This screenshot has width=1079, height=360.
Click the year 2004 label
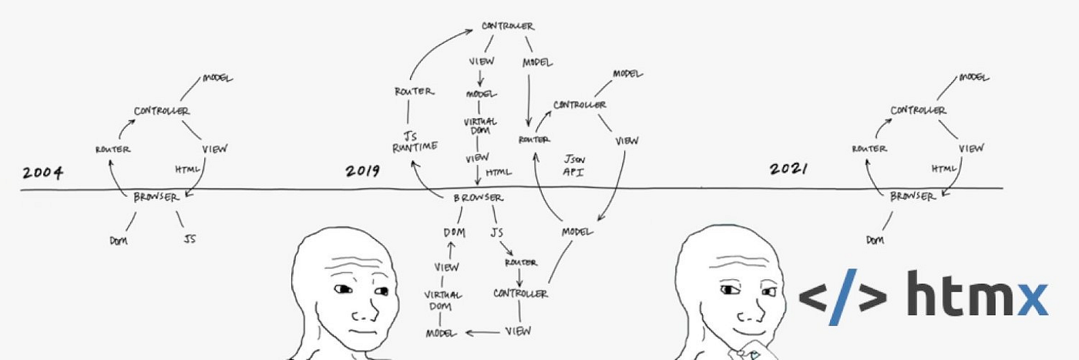click(42, 173)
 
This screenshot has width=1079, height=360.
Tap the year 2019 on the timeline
click(362, 170)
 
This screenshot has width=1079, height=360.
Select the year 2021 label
click(788, 169)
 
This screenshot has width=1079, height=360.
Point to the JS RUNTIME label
click(415, 141)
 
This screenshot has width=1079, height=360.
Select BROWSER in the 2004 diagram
click(154, 196)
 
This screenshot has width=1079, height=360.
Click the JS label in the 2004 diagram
click(189, 239)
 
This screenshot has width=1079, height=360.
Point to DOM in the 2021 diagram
click(874, 241)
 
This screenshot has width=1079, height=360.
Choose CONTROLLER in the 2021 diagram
click(918, 110)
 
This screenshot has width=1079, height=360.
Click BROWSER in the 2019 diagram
click(478, 198)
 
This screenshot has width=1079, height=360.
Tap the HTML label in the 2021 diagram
click(943, 168)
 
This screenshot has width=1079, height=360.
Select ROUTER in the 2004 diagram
click(113, 149)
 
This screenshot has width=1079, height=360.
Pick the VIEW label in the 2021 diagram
click(971, 148)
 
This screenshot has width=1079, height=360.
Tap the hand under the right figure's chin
click(750, 351)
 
